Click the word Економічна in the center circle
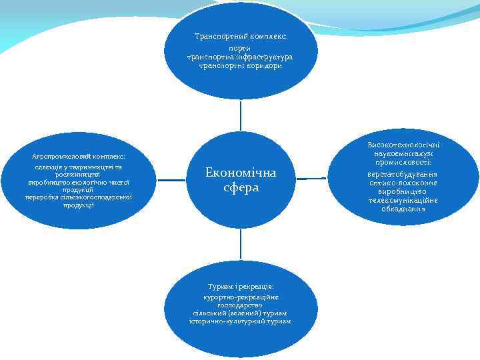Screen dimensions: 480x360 click(x=240, y=173)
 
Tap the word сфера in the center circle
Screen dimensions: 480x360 click(x=241, y=188)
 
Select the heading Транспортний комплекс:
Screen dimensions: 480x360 click(x=240, y=36)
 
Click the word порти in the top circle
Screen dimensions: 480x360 click(x=240, y=49)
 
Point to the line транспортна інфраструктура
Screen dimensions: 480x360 click(x=240, y=57)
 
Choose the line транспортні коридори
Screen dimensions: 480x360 click(x=240, y=66)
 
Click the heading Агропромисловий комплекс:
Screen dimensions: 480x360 click(x=79, y=156)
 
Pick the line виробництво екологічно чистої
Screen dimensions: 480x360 click(x=79, y=182)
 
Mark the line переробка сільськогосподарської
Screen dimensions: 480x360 click(x=79, y=197)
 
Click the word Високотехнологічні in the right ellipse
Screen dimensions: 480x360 click(x=404, y=145)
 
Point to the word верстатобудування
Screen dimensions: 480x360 click(x=404, y=175)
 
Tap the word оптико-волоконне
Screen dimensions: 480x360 click(x=404, y=183)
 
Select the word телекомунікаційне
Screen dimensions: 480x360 click(x=404, y=200)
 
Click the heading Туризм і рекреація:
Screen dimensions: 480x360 click(x=240, y=286)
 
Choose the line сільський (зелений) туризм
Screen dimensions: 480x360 click(x=240, y=313)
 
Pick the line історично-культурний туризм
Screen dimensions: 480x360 click(x=240, y=321)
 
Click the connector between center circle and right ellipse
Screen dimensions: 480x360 click(x=311, y=179)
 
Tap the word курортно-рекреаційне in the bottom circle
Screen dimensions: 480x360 click(x=240, y=297)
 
